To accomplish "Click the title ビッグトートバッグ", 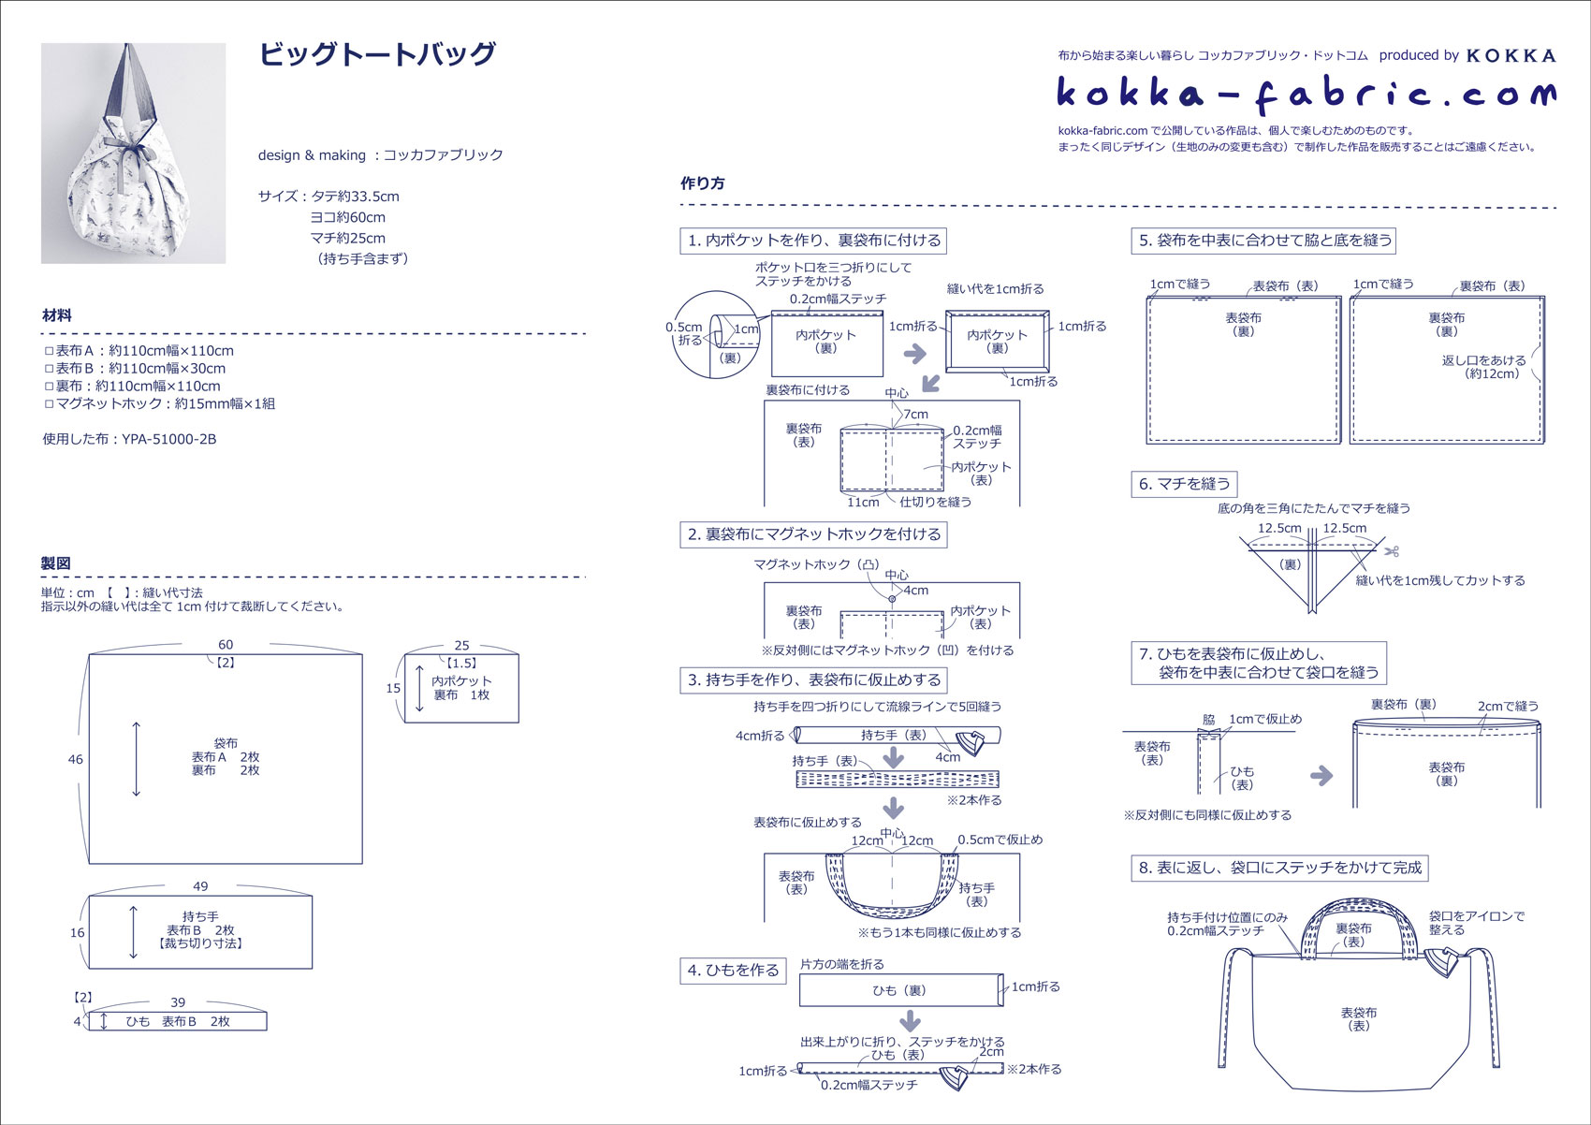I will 376,54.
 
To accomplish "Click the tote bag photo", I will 133,153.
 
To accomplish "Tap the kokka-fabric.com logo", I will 1306,93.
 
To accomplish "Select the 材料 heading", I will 57,315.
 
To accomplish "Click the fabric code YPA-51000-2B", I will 168,439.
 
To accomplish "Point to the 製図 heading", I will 56,563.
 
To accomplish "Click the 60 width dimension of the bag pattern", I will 226,645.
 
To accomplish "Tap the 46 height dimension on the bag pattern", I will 76,759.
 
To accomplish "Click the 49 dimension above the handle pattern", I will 200,886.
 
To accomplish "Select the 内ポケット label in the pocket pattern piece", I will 461,681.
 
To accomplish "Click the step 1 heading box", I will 813,241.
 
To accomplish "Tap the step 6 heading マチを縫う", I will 1184,484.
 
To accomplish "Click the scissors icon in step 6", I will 1393,551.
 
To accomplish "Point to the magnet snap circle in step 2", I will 892,599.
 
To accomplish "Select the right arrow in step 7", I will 1321,775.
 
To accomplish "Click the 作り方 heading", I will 702,183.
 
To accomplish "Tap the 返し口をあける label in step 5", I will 1483,360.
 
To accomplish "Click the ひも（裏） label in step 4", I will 898,990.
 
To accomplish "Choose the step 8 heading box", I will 1279,869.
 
